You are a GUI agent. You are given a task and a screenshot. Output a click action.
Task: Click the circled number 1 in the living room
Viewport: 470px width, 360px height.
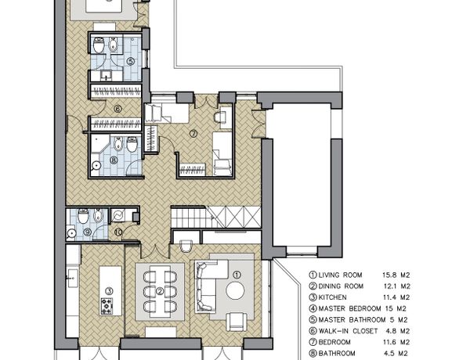tap(237, 275)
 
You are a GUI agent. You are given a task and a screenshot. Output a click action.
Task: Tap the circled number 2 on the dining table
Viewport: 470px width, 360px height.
tap(160, 291)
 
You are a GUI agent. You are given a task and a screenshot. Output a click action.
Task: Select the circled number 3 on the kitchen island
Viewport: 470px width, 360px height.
tap(110, 290)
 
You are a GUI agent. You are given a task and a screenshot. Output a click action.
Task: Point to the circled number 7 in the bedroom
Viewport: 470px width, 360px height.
tap(193, 134)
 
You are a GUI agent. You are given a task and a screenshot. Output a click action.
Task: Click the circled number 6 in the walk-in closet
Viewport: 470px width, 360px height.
tap(117, 109)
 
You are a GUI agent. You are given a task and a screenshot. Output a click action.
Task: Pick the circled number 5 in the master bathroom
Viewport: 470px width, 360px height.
tap(130, 61)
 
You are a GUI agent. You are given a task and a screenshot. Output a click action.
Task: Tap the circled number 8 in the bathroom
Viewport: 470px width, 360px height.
tap(114, 160)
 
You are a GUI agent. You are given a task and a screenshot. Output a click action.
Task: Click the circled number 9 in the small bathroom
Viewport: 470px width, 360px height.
tap(88, 232)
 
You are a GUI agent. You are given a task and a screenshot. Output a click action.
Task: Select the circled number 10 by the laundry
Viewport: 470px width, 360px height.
tap(118, 232)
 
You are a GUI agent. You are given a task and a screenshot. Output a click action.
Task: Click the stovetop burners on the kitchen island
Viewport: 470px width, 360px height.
tap(107, 306)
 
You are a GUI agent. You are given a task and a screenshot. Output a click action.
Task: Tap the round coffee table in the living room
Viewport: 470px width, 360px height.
tap(235, 290)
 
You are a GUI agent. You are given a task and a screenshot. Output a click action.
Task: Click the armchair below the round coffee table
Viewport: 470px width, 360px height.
tap(237, 322)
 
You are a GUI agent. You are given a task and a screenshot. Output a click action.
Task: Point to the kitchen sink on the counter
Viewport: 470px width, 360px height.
tap(72, 278)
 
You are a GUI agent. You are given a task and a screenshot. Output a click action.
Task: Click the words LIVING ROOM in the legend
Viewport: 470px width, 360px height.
tap(340, 275)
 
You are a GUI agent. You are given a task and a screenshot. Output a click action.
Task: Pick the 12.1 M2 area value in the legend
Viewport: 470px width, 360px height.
tap(397, 286)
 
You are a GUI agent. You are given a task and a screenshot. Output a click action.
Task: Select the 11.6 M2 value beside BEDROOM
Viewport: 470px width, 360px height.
tap(396, 342)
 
